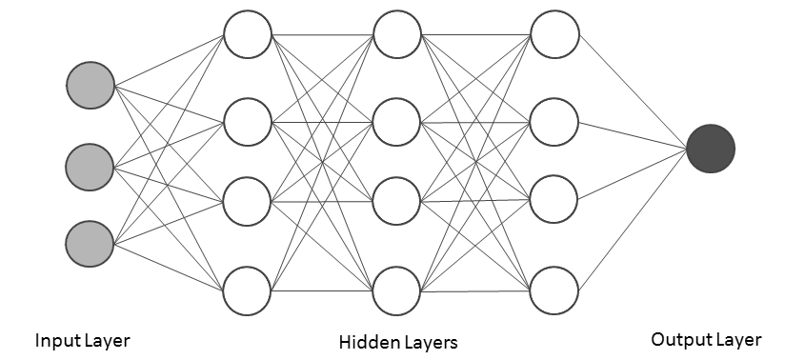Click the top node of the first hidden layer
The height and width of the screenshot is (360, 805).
[x=248, y=35]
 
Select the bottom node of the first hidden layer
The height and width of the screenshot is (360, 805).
[x=248, y=290]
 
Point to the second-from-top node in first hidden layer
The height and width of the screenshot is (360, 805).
[x=248, y=120]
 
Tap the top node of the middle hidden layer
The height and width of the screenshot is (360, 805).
[x=397, y=35]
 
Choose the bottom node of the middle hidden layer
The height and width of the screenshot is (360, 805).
[x=397, y=290]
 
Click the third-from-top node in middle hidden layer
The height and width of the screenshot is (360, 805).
[x=397, y=203]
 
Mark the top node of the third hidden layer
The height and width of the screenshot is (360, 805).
[x=555, y=35]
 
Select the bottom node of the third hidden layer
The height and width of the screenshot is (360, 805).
[x=555, y=290]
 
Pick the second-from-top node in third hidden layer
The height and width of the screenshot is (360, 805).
[x=555, y=120]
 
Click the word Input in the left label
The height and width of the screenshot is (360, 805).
[x=55, y=340]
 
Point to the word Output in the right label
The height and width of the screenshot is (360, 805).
[x=677, y=339]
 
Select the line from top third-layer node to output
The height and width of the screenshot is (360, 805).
[x=634, y=90]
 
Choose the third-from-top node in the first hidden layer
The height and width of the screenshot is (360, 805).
[x=248, y=203]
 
